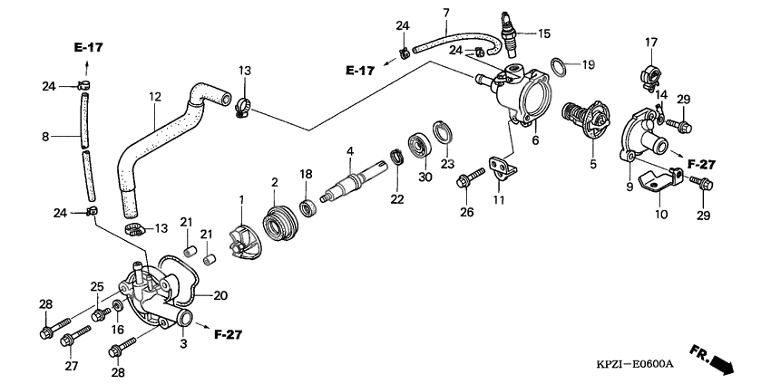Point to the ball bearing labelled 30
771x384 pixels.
coord(422,146)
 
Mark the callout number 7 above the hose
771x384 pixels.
coord(446,13)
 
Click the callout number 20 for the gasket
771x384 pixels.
coord(220,294)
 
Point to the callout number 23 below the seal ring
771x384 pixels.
coord(445,164)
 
